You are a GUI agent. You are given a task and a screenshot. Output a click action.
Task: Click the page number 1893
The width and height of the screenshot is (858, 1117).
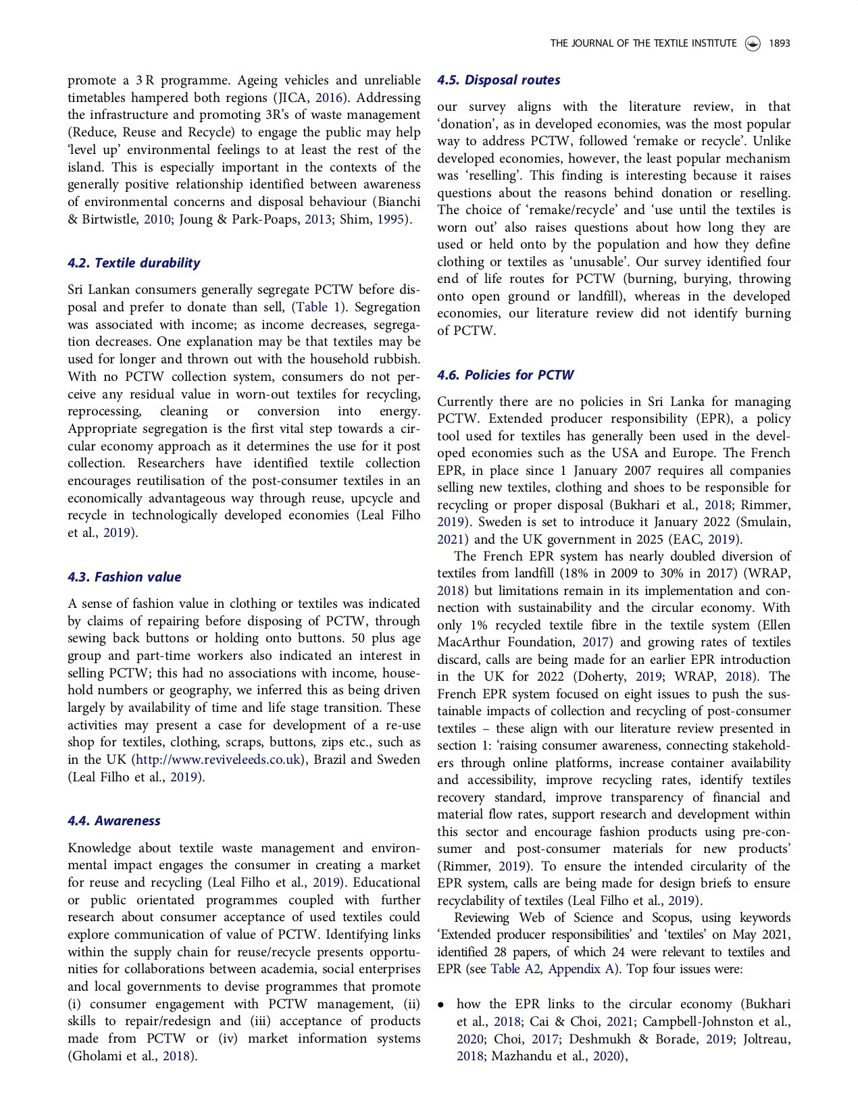[x=779, y=43]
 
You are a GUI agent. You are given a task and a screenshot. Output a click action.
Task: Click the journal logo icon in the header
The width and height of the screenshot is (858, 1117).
[x=753, y=44]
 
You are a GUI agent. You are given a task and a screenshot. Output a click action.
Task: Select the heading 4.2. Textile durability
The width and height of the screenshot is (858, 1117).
[x=134, y=263]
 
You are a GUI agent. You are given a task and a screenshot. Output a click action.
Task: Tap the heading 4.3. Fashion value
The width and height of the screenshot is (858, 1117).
[x=124, y=577]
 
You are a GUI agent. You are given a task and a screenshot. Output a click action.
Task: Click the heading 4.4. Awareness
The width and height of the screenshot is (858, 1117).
[x=113, y=821]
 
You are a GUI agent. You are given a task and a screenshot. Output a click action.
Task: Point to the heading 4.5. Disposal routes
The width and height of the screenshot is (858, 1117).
[x=499, y=80]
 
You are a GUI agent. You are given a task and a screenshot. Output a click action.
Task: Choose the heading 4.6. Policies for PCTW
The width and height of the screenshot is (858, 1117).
[x=505, y=375]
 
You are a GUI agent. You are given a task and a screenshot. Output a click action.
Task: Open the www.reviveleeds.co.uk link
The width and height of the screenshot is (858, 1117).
[x=218, y=760]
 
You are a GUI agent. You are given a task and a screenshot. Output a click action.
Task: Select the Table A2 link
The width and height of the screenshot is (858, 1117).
[x=515, y=969]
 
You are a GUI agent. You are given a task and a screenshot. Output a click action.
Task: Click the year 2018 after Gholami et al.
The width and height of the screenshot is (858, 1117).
[x=176, y=1056]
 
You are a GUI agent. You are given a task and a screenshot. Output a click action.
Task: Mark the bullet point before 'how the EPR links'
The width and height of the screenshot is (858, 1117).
[x=441, y=1005]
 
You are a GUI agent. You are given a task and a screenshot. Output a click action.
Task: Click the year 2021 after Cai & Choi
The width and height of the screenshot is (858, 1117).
[x=620, y=1022]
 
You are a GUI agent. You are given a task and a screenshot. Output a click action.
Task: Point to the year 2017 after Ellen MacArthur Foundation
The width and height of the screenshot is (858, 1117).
[x=595, y=642]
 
